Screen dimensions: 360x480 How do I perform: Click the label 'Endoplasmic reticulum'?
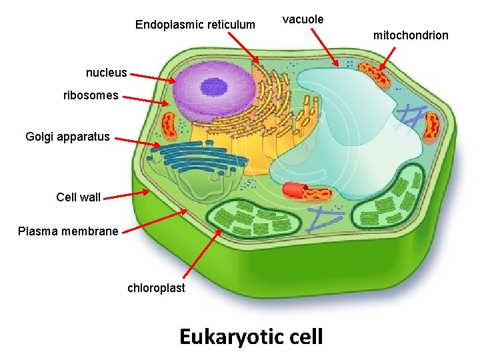[195, 25]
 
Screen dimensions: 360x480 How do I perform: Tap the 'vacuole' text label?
[303, 19]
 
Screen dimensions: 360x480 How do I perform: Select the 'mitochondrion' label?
[411, 35]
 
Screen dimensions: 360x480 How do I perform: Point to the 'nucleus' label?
[106, 72]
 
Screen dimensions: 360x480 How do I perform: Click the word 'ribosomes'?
[91, 95]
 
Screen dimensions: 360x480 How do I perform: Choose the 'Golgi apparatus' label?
[67, 137]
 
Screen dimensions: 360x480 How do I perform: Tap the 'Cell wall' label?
[79, 197]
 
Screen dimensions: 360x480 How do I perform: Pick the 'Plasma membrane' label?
[68, 231]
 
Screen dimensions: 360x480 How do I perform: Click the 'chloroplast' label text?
[156, 288]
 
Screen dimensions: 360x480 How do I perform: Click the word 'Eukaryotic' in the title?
[229, 337]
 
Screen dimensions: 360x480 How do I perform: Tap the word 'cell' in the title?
[304, 337]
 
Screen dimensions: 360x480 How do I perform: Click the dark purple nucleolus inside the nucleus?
[214, 87]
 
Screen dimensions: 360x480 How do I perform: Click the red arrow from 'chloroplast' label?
[203, 253]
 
